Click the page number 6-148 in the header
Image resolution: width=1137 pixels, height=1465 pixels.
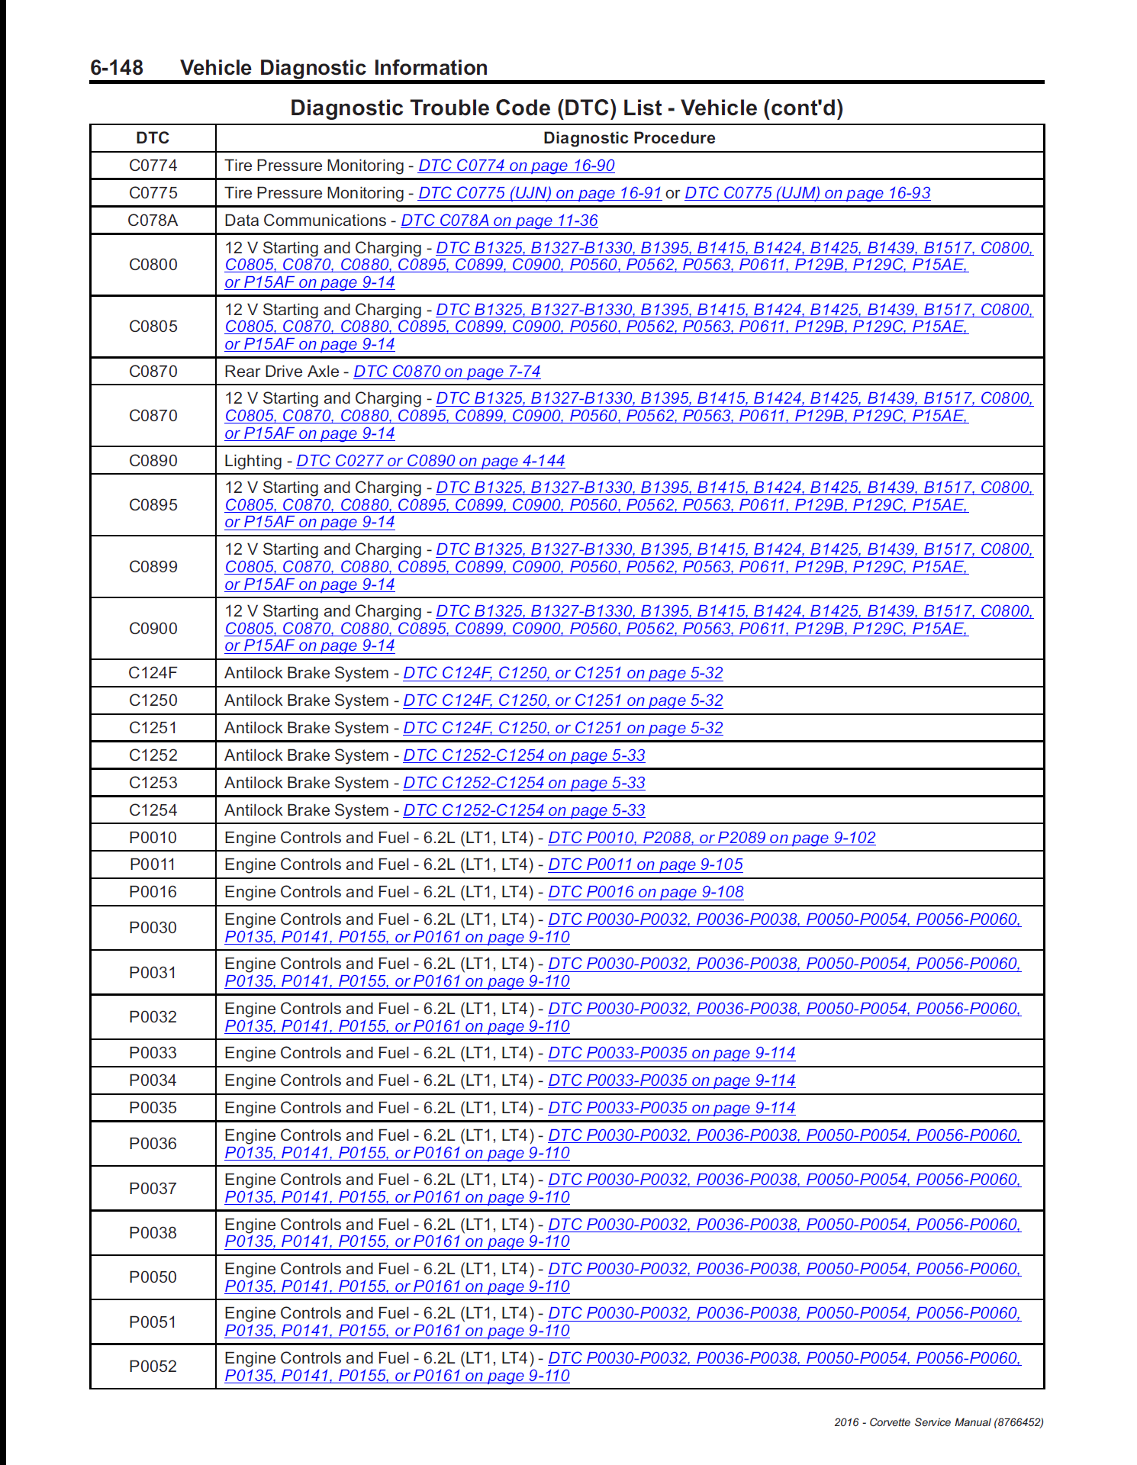[117, 68]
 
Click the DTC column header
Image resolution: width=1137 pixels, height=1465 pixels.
[153, 138]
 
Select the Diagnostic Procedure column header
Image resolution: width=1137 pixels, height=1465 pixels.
[629, 138]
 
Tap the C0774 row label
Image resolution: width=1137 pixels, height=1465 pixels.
[153, 166]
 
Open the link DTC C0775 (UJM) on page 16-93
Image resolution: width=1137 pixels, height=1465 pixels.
[807, 193]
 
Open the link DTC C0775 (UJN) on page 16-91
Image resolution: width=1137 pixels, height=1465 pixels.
[539, 193]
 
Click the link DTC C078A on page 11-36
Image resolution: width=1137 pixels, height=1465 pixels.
[499, 221]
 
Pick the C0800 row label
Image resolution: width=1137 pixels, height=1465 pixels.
[153, 265]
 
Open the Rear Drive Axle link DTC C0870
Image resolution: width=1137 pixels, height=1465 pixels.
[446, 372]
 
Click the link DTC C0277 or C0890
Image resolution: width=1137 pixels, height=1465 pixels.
[430, 461]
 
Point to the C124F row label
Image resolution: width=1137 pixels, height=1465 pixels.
[153, 673]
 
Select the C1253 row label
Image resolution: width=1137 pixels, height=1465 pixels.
[153, 783]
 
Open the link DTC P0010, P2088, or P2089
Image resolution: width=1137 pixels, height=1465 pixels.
[711, 838]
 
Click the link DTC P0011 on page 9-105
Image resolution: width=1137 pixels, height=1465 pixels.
[645, 865]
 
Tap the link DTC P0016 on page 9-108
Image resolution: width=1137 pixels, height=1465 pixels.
[646, 892]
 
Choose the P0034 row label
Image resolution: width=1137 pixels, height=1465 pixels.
[153, 1080]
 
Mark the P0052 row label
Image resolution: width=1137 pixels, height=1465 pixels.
[153, 1367]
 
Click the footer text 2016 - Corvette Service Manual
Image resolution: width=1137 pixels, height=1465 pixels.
[938, 1422]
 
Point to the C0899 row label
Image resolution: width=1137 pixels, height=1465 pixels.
[153, 567]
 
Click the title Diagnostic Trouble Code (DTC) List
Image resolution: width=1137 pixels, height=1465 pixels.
[566, 108]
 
